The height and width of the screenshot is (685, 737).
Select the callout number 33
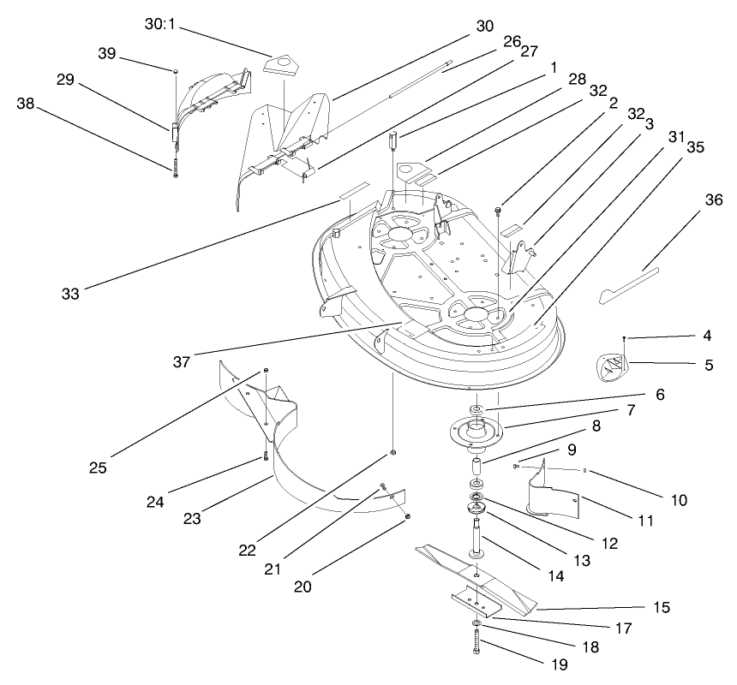click(70, 293)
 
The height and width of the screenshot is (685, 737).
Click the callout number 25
click(98, 468)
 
